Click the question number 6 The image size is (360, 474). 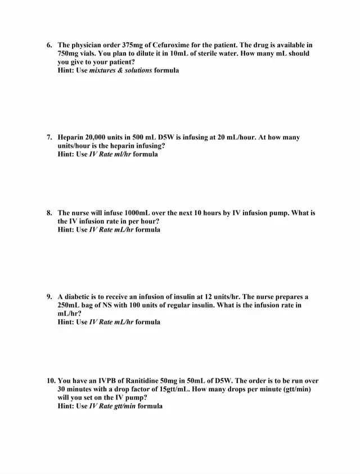(49, 45)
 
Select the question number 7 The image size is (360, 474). (49, 137)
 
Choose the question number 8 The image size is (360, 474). (49, 213)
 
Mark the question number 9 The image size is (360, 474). (49, 297)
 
